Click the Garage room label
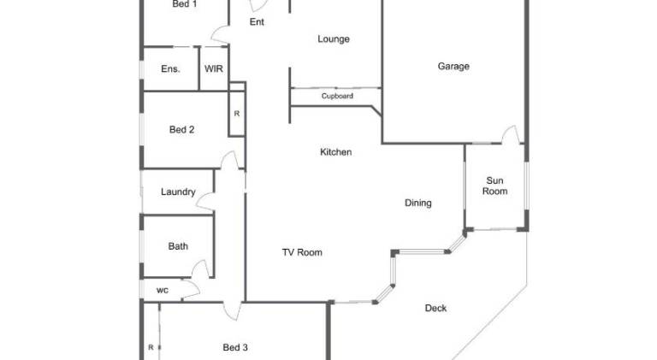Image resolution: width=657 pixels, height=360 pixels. pyautogui.click(x=453, y=66)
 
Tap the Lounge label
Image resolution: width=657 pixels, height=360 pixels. pyautogui.click(x=334, y=39)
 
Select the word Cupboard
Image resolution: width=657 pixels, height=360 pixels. pyautogui.click(x=337, y=97)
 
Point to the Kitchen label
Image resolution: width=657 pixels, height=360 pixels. pyautogui.click(x=335, y=152)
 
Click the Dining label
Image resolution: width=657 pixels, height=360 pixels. pyautogui.click(x=418, y=203)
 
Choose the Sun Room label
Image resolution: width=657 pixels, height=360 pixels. pyautogui.click(x=494, y=186)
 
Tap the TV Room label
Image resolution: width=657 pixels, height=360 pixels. pyautogui.click(x=302, y=252)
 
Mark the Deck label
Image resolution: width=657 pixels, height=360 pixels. pyautogui.click(x=435, y=308)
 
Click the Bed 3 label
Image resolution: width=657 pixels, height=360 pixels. pyautogui.click(x=235, y=347)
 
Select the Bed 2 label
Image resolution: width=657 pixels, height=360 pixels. pyautogui.click(x=182, y=130)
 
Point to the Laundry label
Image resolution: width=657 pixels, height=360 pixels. pyautogui.click(x=178, y=192)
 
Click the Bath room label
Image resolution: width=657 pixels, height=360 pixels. pyautogui.click(x=178, y=246)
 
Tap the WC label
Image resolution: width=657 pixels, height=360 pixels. pyautogui.click(x=163, y=291)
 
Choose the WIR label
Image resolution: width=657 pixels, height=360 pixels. pyautogui.click(x=214, y=68)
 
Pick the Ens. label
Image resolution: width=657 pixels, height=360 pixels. pyautogui.click(x=170, y=68)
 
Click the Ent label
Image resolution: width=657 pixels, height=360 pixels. pyautogui.click(x=257, y=21)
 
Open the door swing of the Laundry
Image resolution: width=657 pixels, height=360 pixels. pyautogui.click(x=206, y=202)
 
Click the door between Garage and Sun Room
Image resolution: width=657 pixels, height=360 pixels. pyautogui.click(x=511, y=135)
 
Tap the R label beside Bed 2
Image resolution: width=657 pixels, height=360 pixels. pyautogui.click(x=237, y=114)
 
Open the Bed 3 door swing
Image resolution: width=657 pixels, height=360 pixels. pyautogui.click(x=232, y=311)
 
